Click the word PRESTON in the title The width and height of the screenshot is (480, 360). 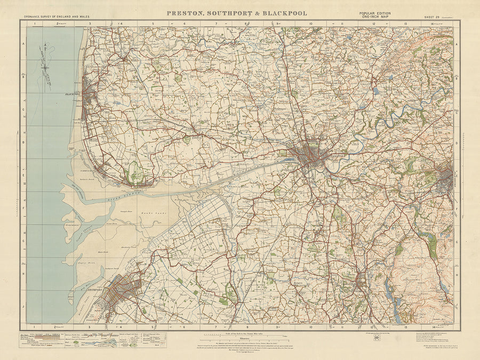[x=185, y=13]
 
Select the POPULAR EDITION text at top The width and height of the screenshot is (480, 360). [x=375, y=12]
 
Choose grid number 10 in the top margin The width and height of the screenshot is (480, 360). [x=310, y=23]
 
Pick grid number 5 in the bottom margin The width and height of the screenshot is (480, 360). [x=153, y=326]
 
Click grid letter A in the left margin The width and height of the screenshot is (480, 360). [x=23, y=45]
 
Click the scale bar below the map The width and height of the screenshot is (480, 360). [x=239, y=336]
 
